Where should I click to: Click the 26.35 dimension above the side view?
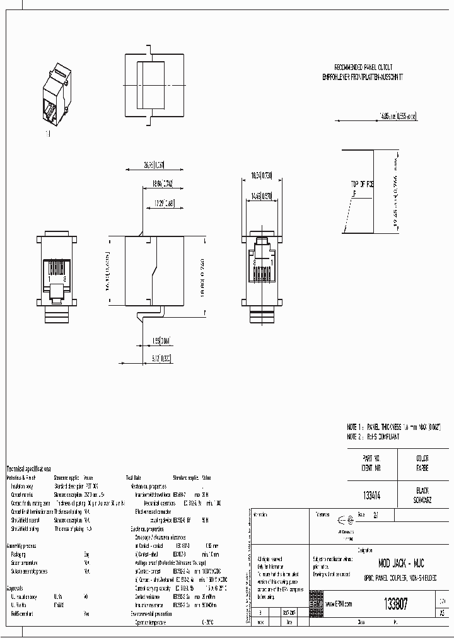(136, 166)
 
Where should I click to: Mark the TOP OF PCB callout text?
(363, 184)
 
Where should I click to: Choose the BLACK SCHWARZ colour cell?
(422, 494)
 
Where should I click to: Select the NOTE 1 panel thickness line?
(393, 427)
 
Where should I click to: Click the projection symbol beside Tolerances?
(345, 521)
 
